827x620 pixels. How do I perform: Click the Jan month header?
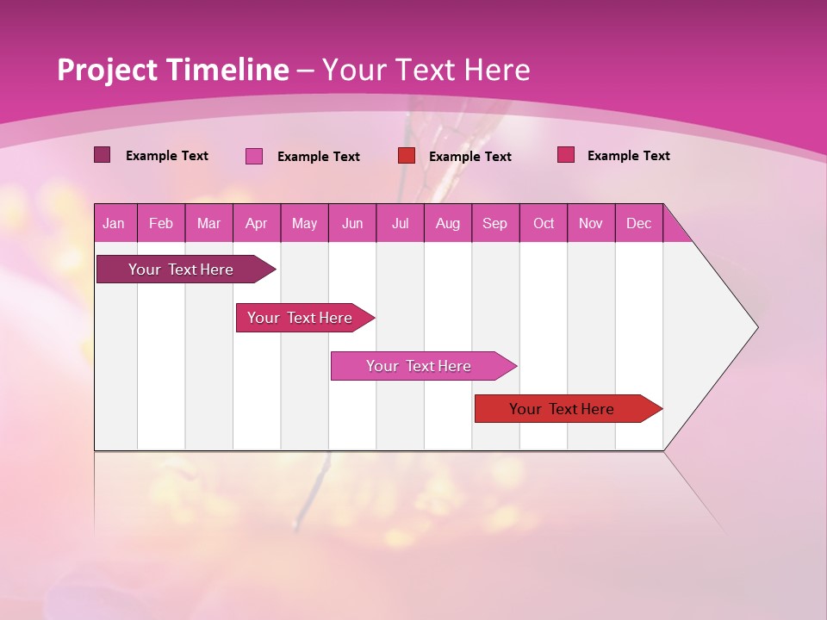coord(114,223)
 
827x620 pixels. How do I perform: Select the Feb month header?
coord(161,223)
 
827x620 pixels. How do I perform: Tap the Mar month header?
coord(208,223)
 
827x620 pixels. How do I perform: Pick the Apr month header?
coord(256,223)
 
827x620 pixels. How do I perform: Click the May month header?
coord(304,223)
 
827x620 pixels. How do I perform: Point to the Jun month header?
coord(352,223)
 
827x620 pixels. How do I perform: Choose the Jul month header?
coord(400,223)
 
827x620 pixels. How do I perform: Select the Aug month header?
coord(447,223)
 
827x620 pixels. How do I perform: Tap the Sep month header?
coord(494,223)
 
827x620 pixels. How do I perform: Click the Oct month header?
coord(544,223)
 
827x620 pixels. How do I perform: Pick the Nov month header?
coord(591,223)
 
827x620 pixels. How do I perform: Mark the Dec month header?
coord(638,223)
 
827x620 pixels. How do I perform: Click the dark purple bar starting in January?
coord(182,270)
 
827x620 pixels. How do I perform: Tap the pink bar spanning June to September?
coord(420,366)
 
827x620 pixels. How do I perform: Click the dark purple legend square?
coord(102,155)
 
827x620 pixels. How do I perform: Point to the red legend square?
coord(407,156)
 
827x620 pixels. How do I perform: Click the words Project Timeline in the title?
coord(173,70)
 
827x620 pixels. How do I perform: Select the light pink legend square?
coord(254,156)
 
